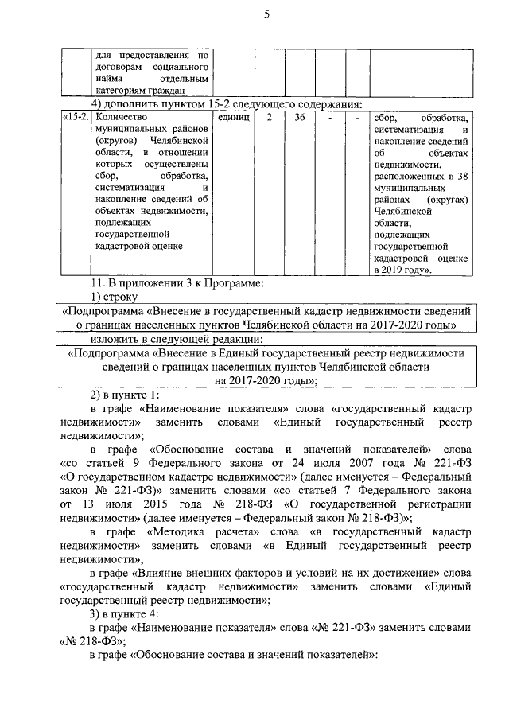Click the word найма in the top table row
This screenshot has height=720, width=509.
coord(111,80)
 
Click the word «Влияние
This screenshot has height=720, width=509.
coord(169,572)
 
